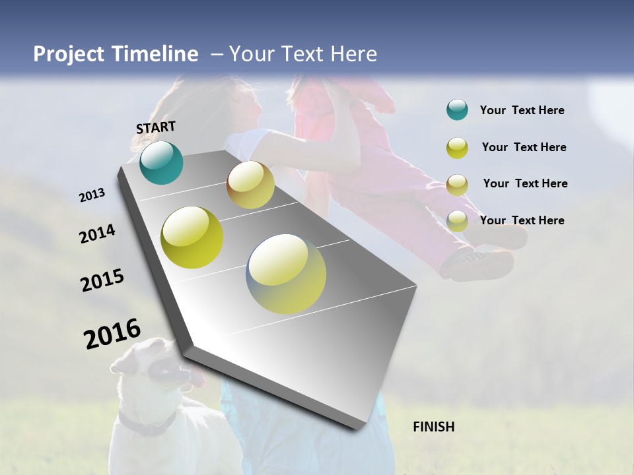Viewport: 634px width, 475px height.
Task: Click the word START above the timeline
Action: tap(156, 127)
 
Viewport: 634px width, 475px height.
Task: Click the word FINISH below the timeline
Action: tap(433, 427)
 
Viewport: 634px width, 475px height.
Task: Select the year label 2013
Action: tap(92, 195)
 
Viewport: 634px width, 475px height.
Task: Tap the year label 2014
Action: tap(97, 234)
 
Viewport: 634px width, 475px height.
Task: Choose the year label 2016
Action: tap(112, 334)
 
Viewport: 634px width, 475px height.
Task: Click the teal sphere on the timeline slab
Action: tap(161, 162)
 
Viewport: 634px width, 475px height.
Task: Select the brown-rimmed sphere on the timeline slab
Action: tap(250, 185)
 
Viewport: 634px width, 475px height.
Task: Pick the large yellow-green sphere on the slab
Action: tap(192, 237)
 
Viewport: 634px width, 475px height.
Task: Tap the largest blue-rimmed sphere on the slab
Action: tap(286, 274)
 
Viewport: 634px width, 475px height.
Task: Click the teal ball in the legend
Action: tap(457, 110)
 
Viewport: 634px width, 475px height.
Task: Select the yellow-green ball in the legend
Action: tap(457, 148)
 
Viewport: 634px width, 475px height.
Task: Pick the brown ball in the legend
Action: tap(457, 185)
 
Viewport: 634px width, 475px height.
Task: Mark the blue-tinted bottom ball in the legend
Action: tap(457, 221)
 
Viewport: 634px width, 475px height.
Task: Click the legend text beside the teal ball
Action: tap(522, 111)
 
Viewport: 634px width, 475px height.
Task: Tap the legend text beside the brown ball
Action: tap(525, 183)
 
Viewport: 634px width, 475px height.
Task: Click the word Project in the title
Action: tap(69, 54)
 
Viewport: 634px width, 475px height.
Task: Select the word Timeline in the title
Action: tap(154, 54)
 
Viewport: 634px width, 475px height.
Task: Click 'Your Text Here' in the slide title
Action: tap(303, 54)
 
